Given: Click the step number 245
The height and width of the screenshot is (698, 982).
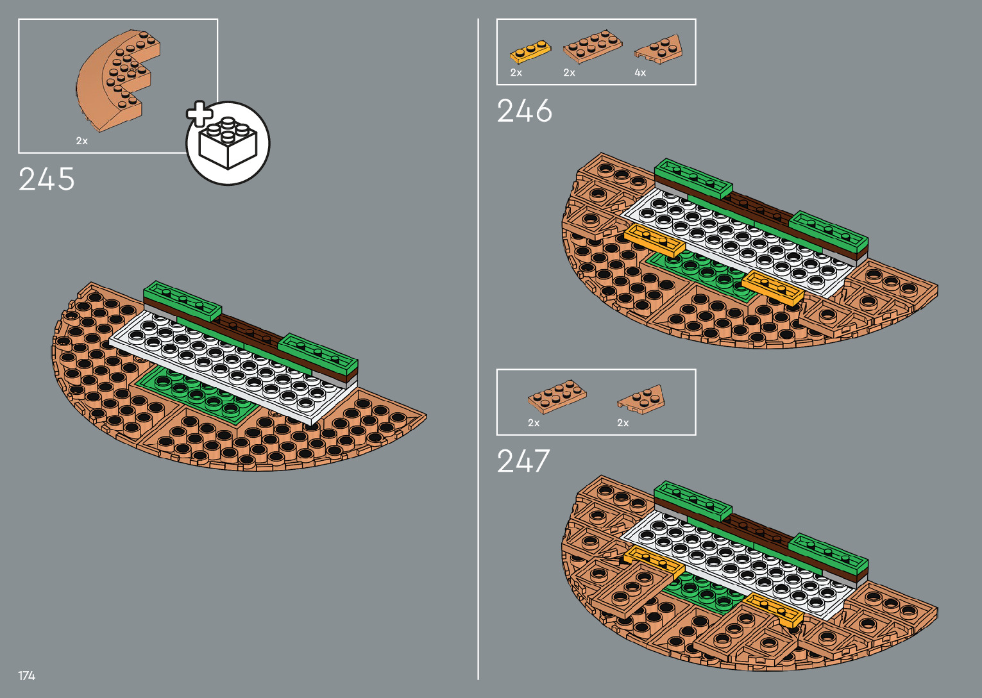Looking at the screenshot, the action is pyautogui.click(x=47, y=179).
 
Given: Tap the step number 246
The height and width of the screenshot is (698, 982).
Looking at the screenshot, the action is pyautogui.click(x=524, y=111).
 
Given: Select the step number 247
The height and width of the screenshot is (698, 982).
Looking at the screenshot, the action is pyautogui.click(x=523, y=461).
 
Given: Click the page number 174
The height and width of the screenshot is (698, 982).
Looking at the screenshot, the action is pyautogui.click(x=26, y=676).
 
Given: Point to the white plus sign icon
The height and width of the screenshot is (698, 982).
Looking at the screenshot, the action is pyautogui.click(x=199, y=113).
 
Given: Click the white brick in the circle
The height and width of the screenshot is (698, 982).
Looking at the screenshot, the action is pyautogui.click(x=228, y=144).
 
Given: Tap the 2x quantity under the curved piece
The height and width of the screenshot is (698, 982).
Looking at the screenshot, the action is pyautogui.click(x=81, y=141).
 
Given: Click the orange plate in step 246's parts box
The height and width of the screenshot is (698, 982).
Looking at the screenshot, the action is pyautogui.click(x=530, y=51).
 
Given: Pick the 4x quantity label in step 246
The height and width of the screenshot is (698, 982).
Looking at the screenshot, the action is pyautogui.click(x=640, y=73).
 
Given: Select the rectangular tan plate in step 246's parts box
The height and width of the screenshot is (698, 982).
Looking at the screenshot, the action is pyautogui.click(x=592, y=46).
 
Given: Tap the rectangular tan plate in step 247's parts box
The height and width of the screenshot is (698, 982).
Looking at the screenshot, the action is pyautogui.click(x=557, y=396).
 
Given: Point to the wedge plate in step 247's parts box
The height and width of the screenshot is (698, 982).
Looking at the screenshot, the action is pyautogui.click(x=641, y=399).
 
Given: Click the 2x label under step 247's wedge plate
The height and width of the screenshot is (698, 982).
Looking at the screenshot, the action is pyautogui.click(x=623, y=423).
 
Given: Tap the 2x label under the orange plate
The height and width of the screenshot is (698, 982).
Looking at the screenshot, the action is pyautogui.click(x=516, y=73).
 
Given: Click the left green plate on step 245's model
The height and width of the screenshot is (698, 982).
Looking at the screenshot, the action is pyautogui.click(x=182, y=300).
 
